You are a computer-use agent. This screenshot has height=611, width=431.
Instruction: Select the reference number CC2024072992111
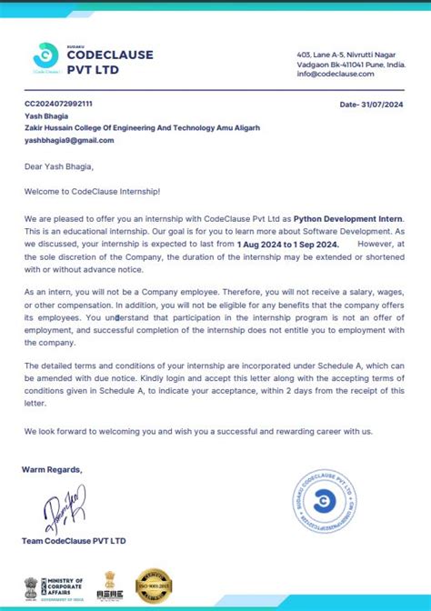coord(58,105)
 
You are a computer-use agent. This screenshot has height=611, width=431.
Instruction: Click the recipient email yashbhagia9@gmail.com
coord(69,140)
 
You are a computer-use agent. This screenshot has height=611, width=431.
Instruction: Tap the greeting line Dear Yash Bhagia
coord(59,166)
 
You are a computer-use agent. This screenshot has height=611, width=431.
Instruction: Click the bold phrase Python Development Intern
coord(349,219)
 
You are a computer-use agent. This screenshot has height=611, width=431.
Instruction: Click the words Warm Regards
coord(53,469)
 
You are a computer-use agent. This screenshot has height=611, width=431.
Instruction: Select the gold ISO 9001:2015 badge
coord(154,586)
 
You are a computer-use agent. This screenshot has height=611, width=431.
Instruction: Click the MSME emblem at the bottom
coord(110,586)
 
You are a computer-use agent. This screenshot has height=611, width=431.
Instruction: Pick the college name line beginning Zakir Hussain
coord(142,128)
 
